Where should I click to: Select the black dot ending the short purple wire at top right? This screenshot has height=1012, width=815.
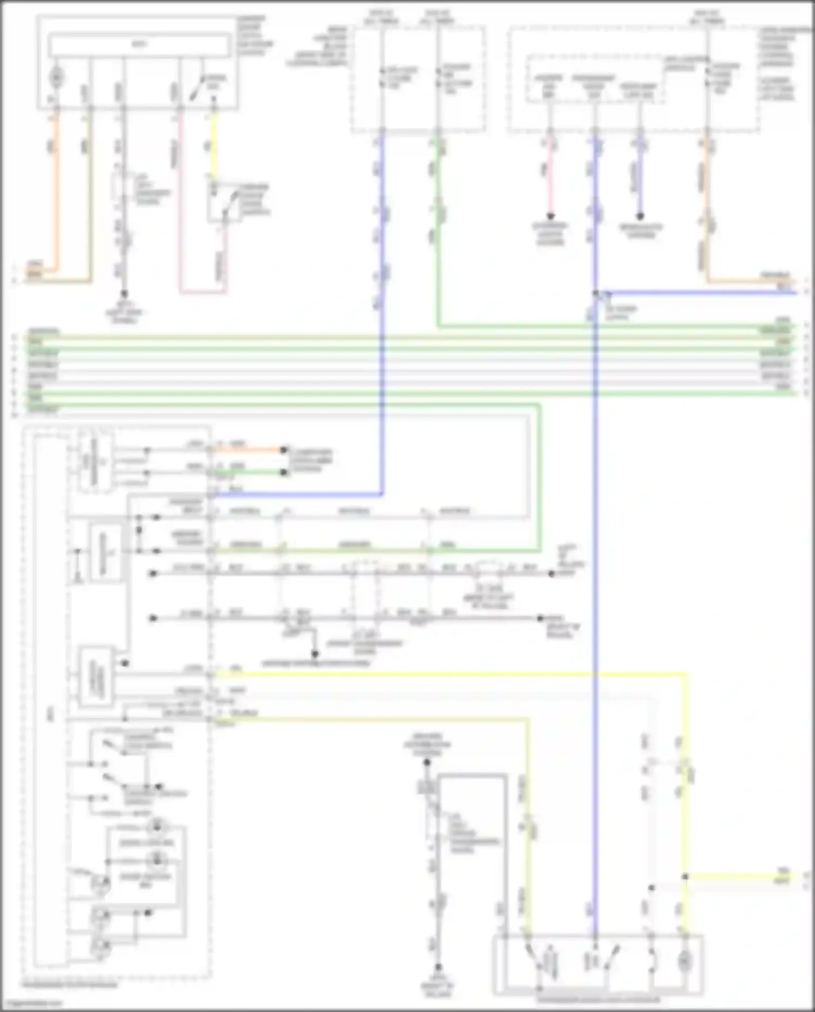640,216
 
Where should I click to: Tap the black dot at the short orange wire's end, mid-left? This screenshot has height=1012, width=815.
283,450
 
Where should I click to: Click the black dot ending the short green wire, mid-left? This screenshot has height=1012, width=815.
283,472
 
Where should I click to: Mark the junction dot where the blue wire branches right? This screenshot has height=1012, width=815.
596,293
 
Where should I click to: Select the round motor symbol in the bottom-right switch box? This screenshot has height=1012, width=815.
684,962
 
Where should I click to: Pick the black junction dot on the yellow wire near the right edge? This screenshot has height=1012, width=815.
685,877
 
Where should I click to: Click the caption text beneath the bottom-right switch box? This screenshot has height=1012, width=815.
598,999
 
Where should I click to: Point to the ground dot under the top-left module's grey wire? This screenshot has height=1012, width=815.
124,293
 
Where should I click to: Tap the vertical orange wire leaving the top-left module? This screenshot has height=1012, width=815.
56,190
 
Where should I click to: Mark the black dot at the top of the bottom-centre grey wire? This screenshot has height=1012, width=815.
427,762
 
